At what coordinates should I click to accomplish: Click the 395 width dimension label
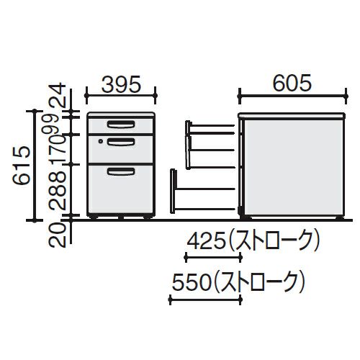tap(120, 84)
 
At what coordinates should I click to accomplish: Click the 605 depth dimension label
tap(292, 83)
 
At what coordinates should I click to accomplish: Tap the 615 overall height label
tap(22, 166)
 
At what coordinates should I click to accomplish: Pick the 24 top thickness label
tap(57, 96)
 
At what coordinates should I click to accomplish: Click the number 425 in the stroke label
tap(206, 240)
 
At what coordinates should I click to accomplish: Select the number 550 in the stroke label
tap(192, 282)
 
